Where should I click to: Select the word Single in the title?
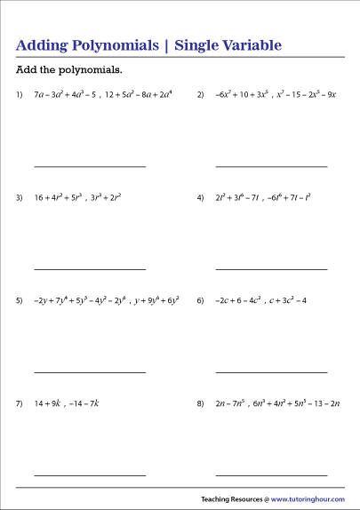tap(199, 44)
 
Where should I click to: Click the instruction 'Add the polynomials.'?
tap(69, 70)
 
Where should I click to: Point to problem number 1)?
tap(20, 94)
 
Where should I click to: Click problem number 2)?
tap(201, 94)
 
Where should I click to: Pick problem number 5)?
tap(20, 301)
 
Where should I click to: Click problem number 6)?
tap(201, 301)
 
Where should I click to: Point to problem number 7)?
tap(20, 404)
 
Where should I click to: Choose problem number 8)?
tap(201, 404)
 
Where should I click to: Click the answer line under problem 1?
tap(90, 166)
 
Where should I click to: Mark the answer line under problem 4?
tap(271, 269)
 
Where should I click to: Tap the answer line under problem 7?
tap(90, 475)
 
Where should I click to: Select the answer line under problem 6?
tap(271, 372)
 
